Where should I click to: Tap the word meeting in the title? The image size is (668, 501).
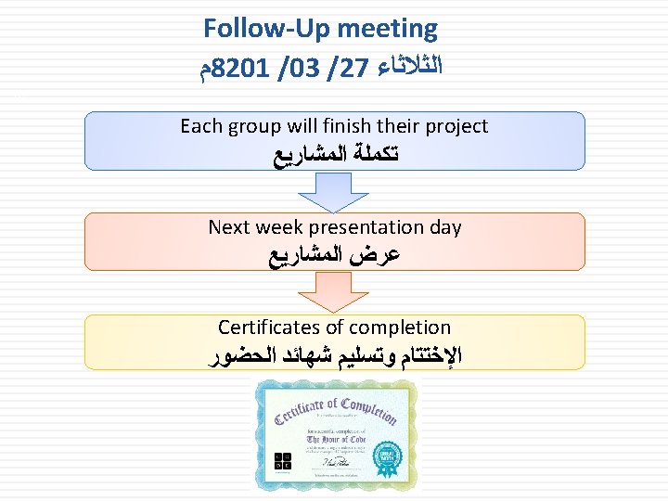(x=387, y=29)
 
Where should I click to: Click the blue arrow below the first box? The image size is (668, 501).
(x=334, y=192)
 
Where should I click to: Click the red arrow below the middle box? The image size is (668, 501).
(x=334, y=292)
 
